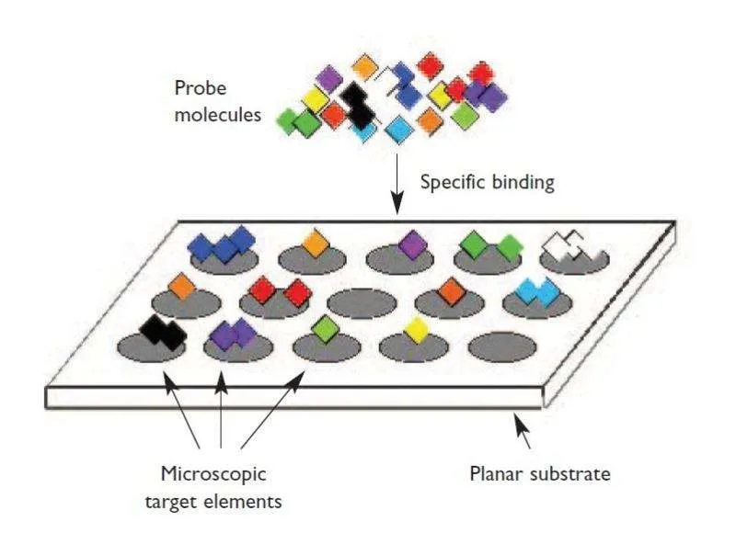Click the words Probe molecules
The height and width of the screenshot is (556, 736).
pos(216,103)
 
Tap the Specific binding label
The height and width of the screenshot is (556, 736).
pos(487,181)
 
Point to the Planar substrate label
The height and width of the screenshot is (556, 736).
pos(540,474)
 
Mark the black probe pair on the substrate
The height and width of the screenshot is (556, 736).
pos(163,328)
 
